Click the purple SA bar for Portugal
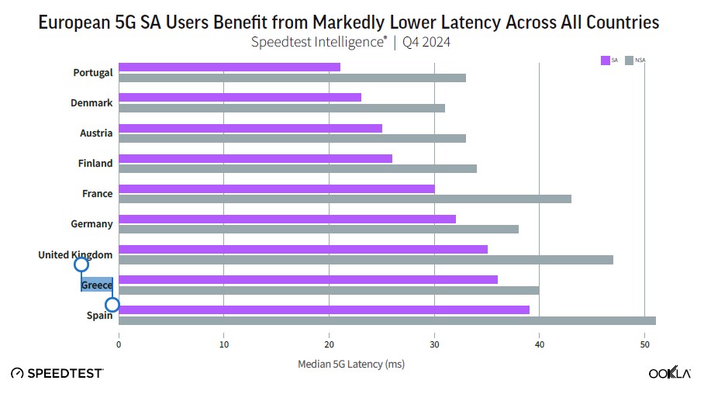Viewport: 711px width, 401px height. [x=230, y=67]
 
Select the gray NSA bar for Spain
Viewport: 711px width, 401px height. [x=387, y=320]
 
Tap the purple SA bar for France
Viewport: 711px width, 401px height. [x=277, y=188]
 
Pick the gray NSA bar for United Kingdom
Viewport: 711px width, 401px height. [x=366, y=260]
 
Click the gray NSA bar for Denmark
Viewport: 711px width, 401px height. [x=281, y=108]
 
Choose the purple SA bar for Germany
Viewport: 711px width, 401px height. [x=287, y=219]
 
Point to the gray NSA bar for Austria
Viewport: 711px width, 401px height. [x=292, y=138]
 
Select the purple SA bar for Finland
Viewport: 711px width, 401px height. [x=255, y=158]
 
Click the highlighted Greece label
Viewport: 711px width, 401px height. [x=97, y=285]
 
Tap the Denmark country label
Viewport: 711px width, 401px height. [x=91, y=103]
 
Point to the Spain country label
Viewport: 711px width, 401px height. [x=99, y=315]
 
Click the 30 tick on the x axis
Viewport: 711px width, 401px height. [x=434, y=344]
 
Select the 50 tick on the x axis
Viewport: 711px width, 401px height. [x=644, y=344]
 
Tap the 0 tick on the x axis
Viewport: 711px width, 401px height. [x=119, y=344]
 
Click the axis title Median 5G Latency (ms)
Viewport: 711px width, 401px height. [x=351, y=364]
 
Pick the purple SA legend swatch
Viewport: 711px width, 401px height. [x=606, y=60]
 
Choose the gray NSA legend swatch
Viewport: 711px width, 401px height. [x=629, y=60]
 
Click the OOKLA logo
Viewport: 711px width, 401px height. [x=669, y=372]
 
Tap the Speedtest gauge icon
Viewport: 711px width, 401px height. [x=17, y=373]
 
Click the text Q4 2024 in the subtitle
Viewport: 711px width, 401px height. [x=426, y=42]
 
